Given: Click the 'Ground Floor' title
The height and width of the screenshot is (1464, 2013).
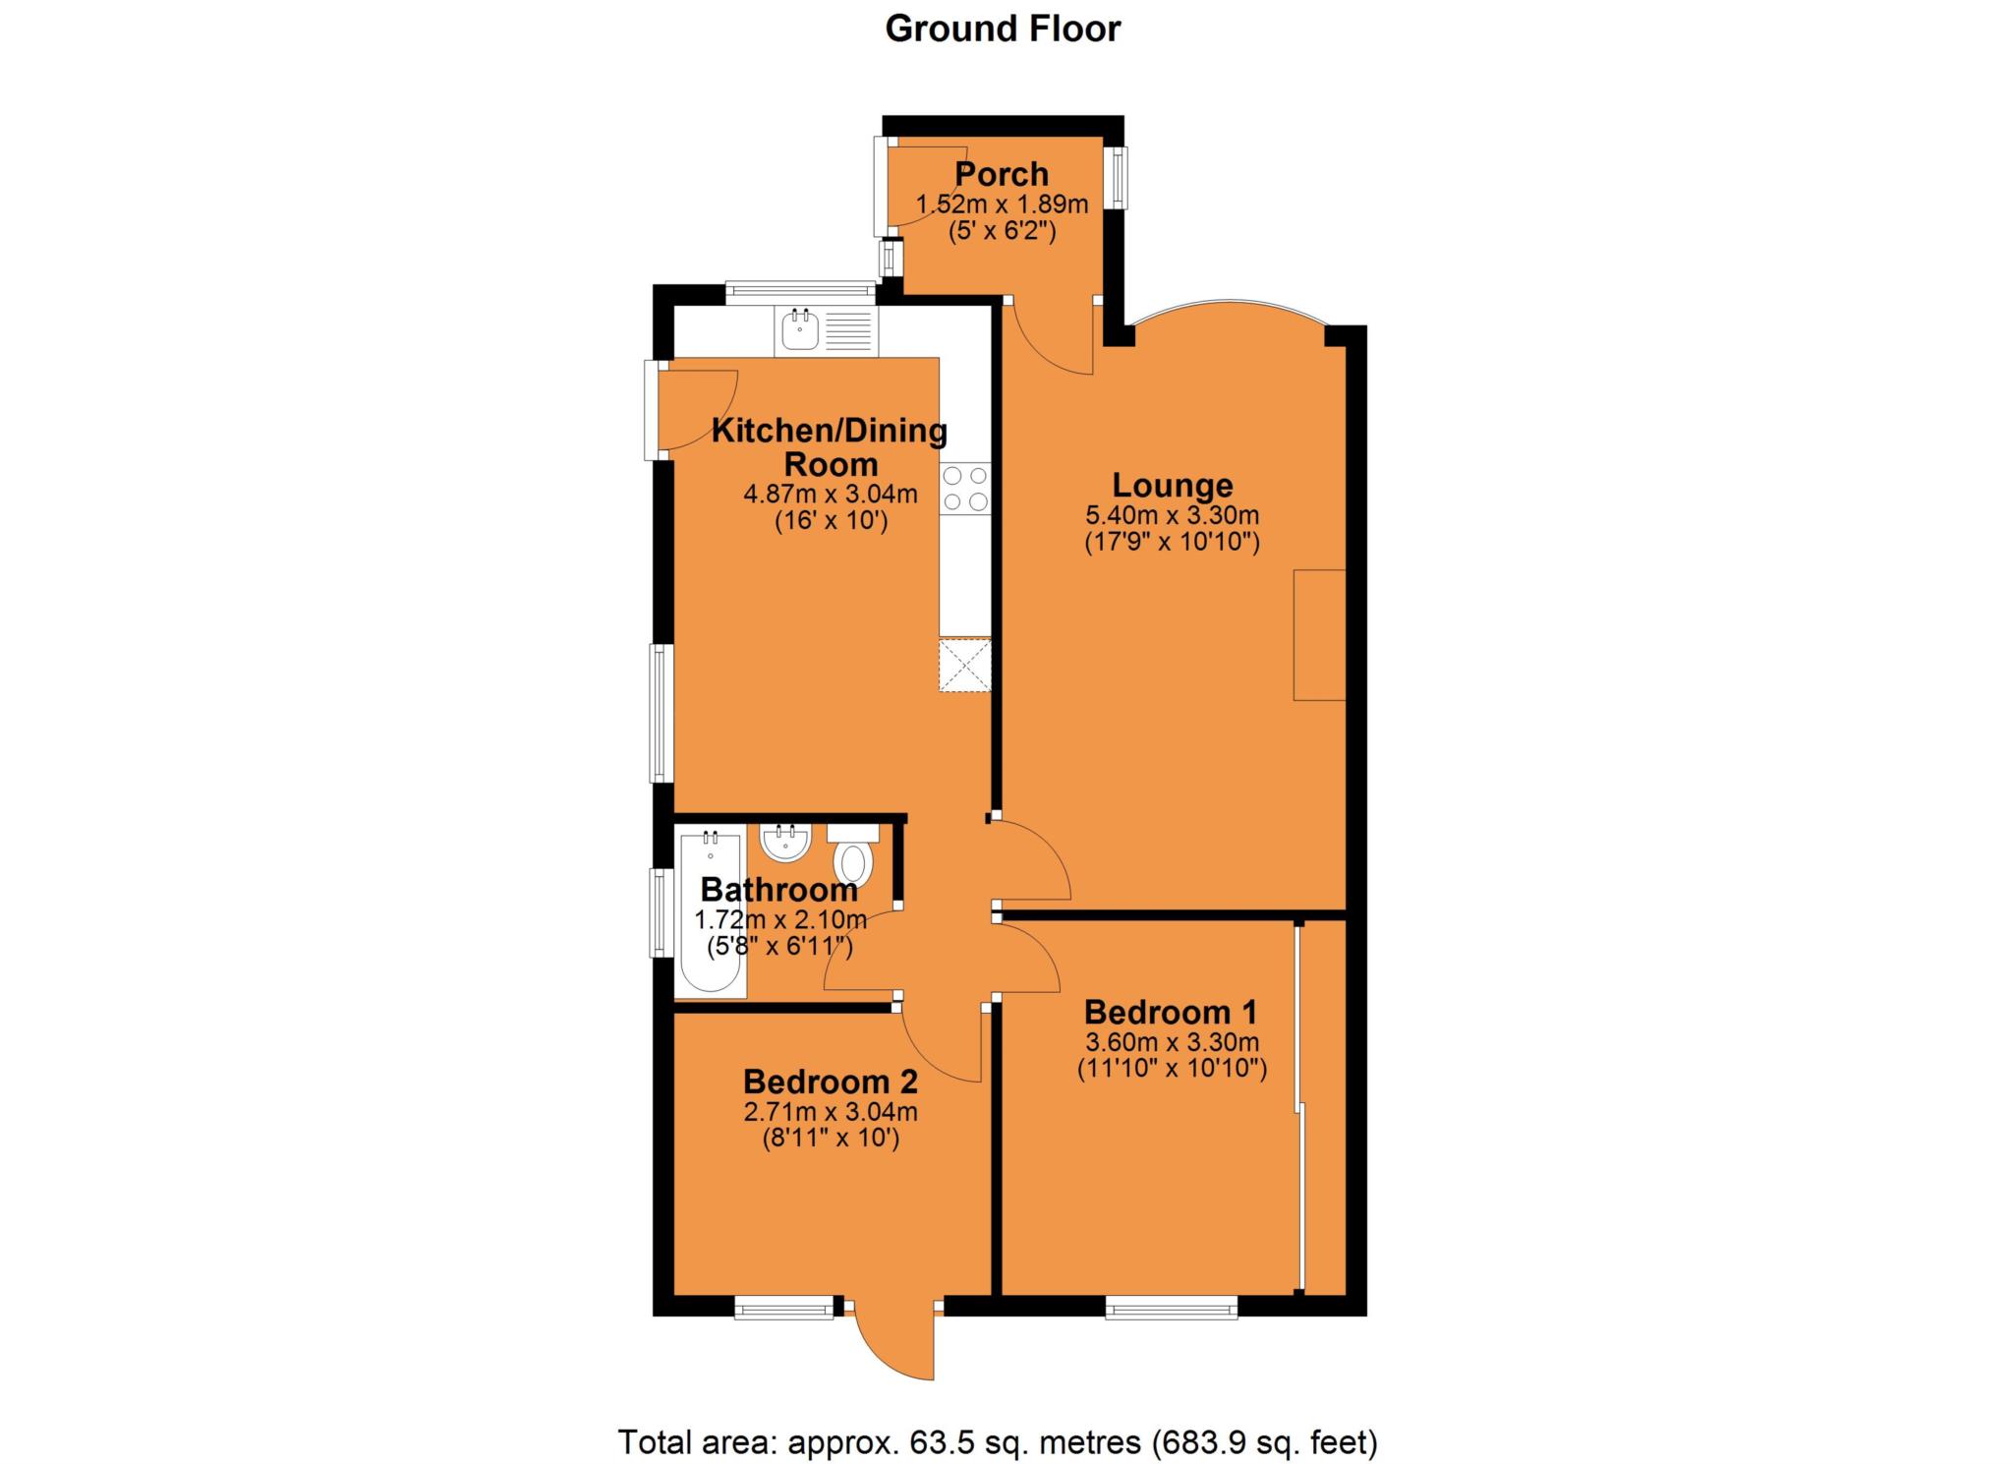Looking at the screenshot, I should point(1002,29).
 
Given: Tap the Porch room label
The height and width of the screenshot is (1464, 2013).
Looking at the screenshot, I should point(1002,174).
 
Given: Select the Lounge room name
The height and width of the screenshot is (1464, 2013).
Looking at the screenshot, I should point(1172,485).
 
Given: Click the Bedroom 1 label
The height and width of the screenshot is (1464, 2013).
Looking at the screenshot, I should point(1171,1012).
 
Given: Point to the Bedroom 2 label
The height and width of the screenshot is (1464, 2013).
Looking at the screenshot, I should point(830,1082).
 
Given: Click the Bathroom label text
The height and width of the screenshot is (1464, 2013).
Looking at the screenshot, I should point(778,890).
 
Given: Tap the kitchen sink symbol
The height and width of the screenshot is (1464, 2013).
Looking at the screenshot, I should point(798,330).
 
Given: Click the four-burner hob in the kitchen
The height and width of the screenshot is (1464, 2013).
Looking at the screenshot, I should point(964,489).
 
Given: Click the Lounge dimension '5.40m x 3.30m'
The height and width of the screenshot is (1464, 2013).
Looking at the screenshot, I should point(1172,514).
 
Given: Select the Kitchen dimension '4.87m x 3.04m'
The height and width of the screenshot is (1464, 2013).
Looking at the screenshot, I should point(830,494).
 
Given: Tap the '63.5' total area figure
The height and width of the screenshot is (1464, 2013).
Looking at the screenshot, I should point(933,1442).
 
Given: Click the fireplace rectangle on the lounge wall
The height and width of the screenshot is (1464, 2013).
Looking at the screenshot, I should point(1318,634).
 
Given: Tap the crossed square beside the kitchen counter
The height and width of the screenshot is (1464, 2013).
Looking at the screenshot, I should point(964,666).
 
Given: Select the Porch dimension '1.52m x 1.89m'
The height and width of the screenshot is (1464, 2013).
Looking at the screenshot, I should point(1002,205).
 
